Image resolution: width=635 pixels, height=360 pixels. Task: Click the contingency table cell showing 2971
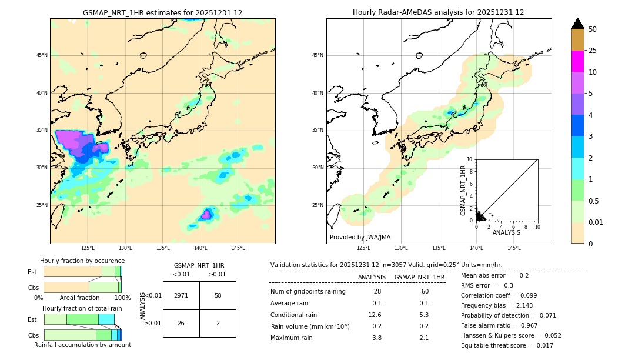click(181, 295)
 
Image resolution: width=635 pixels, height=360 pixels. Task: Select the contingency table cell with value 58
click(218, 295)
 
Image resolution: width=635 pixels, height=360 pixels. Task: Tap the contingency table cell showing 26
click(181, 323)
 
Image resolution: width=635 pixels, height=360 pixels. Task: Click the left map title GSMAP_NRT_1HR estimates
click(162, 12)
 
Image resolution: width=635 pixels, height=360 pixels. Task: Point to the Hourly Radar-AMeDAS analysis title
click(438, 12)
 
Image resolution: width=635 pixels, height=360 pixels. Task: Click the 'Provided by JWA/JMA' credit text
click(360, 237)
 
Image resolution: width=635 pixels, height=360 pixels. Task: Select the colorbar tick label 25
click(593, 51)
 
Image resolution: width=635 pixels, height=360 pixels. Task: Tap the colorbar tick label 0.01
click(596, 222)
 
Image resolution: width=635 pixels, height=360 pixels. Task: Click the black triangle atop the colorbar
click(578, 24)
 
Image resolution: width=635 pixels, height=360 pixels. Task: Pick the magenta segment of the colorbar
click(578, 61)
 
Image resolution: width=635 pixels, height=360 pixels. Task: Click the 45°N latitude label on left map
click(42, 55)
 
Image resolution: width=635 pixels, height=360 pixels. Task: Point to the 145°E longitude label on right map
click(514, 248)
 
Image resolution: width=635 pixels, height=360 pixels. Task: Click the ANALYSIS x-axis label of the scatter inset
click(506, 232)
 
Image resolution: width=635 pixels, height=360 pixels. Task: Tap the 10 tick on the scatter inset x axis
click(537, 226)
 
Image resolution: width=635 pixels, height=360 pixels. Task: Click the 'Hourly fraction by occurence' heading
click(82, 261)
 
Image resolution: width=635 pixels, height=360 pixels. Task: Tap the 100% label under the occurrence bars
click(122, 298)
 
